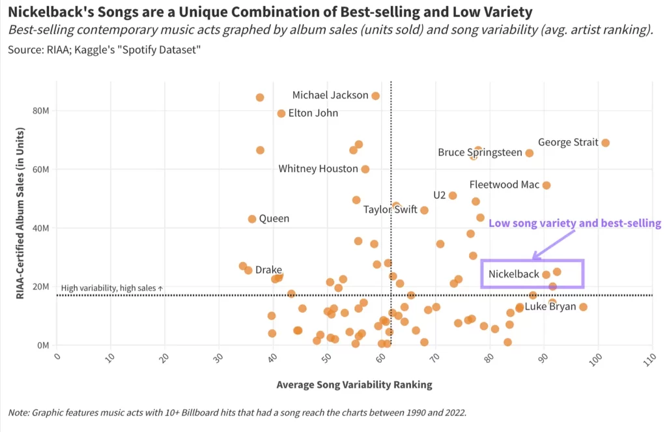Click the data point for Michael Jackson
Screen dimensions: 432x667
coord(375,96)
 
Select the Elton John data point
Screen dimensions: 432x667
coord(281,113)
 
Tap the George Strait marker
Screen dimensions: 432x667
coord(605,143)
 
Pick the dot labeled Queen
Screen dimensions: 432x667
coord(252,219)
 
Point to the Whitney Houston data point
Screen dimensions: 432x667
coord(365,169)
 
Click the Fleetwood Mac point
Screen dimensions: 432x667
coord(546,185)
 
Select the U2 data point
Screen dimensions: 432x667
coord(453,195)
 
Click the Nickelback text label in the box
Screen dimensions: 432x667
coord(514,274)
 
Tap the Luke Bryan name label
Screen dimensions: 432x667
coord(550,307)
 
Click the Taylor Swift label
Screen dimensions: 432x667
coord(390,210)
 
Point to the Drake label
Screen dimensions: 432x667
coord(268,270)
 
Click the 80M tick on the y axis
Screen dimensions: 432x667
coord(40,111)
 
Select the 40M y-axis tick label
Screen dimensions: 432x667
coord(40,228)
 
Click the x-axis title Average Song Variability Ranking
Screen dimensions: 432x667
coord(354,384)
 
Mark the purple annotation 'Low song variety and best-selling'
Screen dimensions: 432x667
coord(575,223)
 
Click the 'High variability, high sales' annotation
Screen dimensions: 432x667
coord(111,288)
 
